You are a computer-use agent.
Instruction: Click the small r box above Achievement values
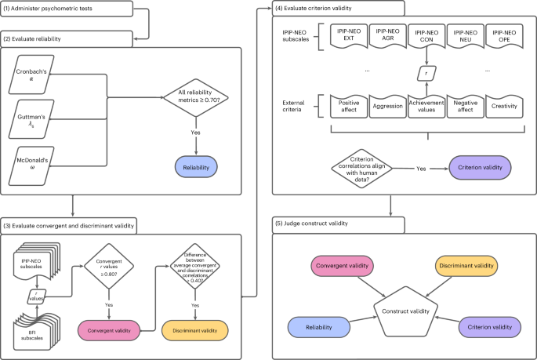point(425,72)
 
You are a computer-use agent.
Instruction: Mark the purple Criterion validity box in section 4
point(478,168)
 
